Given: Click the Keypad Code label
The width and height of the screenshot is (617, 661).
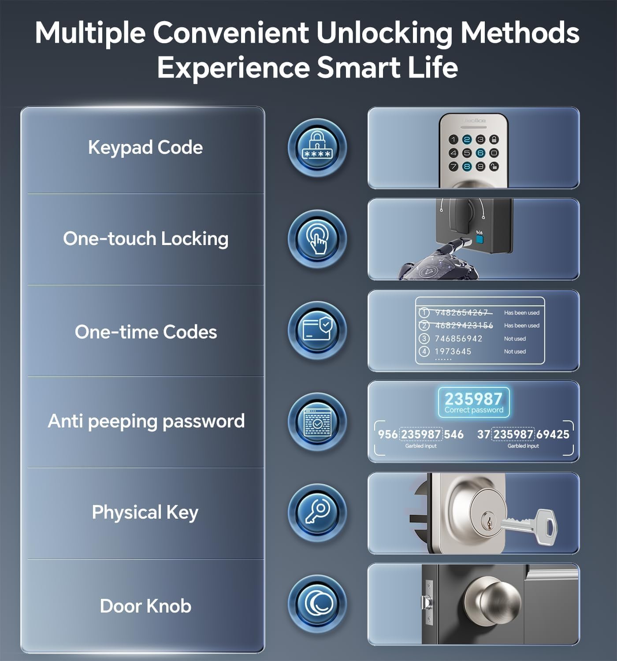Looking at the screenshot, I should (145, 148).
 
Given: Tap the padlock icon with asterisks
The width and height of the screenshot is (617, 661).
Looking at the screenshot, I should (317, 147).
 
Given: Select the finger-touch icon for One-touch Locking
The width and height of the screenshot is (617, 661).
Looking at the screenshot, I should (317, 239).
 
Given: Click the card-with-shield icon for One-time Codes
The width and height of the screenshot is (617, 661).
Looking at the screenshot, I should (317, 330).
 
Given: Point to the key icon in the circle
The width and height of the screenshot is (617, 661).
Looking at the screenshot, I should (317, 512).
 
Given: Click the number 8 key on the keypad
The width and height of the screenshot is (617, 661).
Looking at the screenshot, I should (467, 167).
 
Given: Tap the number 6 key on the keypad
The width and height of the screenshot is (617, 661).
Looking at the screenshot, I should (480, 153).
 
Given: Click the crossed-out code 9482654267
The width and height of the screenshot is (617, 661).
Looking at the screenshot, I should (461, 312).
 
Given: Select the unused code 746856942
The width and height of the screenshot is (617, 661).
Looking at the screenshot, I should (458, 338).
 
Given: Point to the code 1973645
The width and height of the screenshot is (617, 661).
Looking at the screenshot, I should (453, 351).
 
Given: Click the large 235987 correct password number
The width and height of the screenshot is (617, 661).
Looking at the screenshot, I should (473, 399).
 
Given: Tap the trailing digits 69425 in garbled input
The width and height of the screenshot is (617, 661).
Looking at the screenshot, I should (553, 434).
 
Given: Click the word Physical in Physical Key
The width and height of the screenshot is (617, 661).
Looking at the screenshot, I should (127, 512).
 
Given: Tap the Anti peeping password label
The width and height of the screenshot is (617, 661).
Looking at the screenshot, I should (146, 421).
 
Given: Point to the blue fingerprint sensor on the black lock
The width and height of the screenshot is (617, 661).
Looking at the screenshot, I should (479, 241).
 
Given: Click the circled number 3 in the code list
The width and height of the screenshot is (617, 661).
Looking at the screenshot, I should (424, 338).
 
